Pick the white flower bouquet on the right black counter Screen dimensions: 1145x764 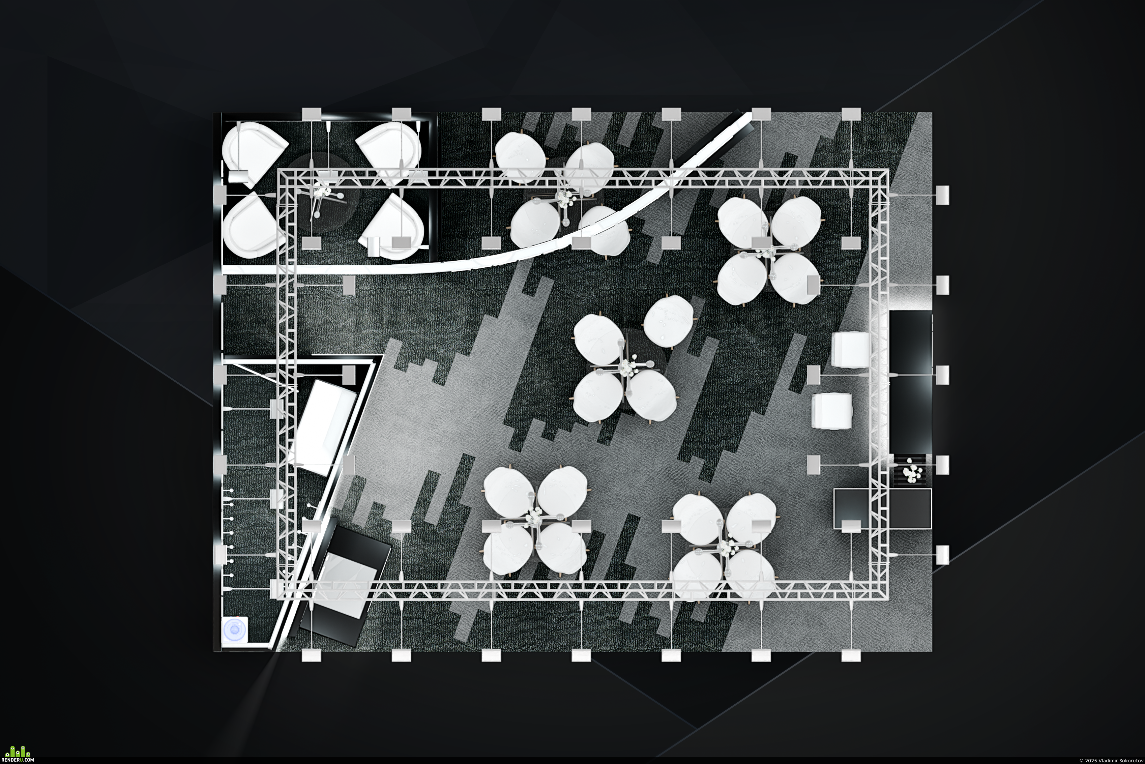(910, 472)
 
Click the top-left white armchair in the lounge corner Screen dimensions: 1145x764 (254, 153)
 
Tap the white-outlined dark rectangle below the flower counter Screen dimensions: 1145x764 (882, 509)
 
